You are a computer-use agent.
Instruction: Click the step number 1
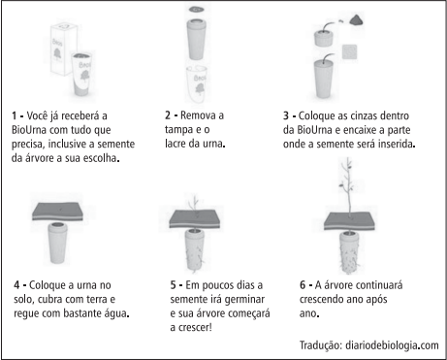coord(14,115)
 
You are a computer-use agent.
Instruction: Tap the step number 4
coord(16,285)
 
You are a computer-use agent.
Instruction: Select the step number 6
coord(303,285)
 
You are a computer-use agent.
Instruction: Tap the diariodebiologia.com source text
coord(392,345)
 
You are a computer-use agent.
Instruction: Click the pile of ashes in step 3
coord(356,20)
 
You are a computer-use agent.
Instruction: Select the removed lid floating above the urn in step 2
coord(197,9)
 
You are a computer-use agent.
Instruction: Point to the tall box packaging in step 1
coord(63,49)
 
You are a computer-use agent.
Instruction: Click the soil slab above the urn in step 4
coord(57,212)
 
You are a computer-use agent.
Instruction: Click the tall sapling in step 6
coord(348,186)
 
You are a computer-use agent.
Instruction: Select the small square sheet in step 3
coord(349,51)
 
